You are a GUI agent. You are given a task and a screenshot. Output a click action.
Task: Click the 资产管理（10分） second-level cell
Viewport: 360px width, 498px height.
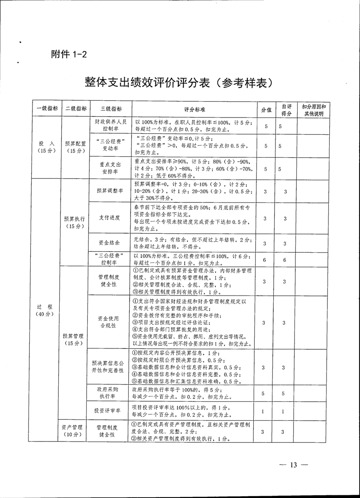coord(73,430)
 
